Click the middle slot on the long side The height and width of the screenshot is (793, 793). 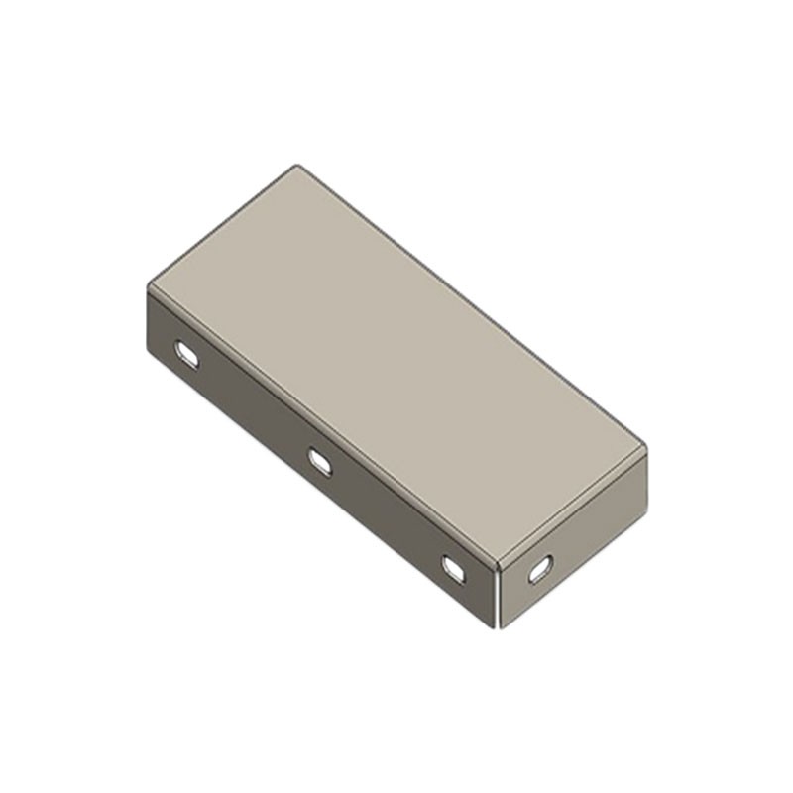click(320, 461)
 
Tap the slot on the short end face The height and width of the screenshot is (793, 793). click(540, 569)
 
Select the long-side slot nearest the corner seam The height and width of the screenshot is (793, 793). click(454, 568)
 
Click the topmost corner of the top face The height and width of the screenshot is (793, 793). click(297, 166)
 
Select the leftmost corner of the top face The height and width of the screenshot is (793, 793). click(149, 287)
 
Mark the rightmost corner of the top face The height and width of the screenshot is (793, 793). click(646, 451)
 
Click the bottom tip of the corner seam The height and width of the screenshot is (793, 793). click(495, 625)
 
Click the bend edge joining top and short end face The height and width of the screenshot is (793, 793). click(575, 508)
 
